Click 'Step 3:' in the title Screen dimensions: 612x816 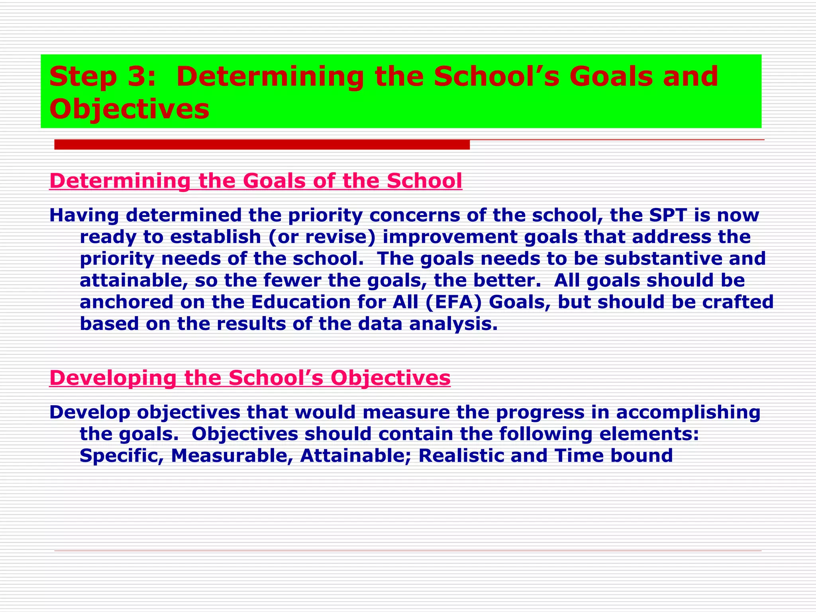(x=102, y=76)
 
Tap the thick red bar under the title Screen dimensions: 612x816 (x=262, y=145)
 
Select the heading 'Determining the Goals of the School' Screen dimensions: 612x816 (x=255, y=181)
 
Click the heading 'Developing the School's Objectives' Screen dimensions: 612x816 (x=250, y=378)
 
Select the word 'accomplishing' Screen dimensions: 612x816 (x=688, y=412)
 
